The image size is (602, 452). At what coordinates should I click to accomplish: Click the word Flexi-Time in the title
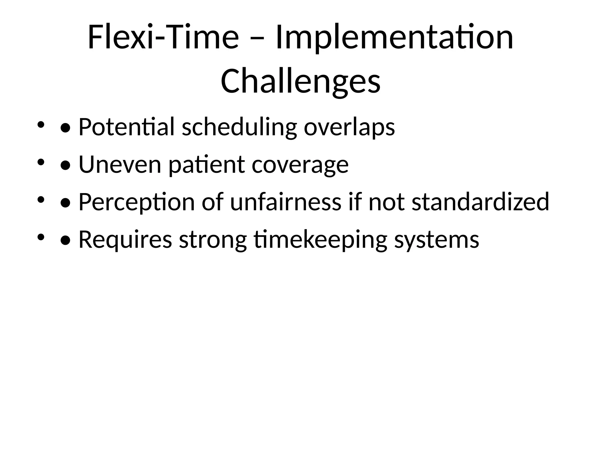click(x=163, y=38)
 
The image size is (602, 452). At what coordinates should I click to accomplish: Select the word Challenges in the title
click(x=300, y=81)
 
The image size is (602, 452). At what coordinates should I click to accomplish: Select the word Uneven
click(x=120, y=165)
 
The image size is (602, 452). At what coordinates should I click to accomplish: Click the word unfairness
click(x=285, y=202)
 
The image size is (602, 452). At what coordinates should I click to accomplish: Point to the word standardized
click(x=480, y=202)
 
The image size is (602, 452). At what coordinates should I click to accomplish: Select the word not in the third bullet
click(x=386, y=202)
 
